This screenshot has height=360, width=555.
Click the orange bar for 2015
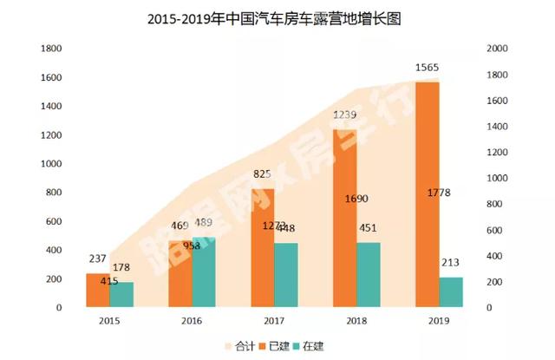tap(97, 290)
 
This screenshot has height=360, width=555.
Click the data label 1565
tap(427, 67)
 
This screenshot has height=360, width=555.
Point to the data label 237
tap(97, 259)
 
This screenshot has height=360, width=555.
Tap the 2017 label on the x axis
tap(273, 321)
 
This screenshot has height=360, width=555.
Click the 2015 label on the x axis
tap(108, 321)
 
